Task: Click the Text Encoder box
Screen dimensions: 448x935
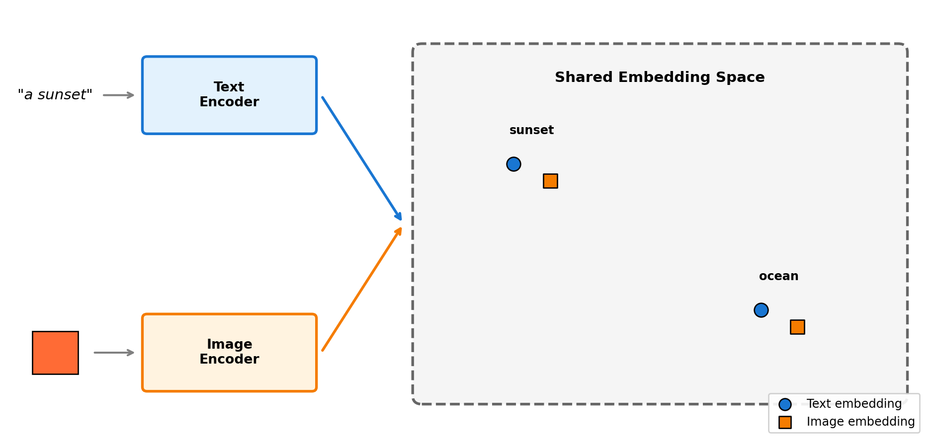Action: click(x=229, y=95)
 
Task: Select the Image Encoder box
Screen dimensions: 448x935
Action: click(x=229, y=352)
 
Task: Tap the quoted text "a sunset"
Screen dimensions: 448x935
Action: click(x=55, y=95)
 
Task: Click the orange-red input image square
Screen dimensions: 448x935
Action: click(x=55, y=353)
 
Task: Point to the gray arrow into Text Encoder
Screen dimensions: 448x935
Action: click(x=118, y=95)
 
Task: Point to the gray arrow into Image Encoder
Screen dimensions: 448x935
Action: click(x=114, y=353)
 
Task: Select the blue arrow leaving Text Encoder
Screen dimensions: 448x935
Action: click(x=361, y=158)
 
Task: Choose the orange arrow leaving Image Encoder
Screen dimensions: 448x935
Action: click(x=361, y=290)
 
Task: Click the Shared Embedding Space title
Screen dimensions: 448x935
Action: click(x=660, y=77)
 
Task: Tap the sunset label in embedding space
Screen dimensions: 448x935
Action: click(x=531, y=130)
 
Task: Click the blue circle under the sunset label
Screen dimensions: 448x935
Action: click(x=513, y=164)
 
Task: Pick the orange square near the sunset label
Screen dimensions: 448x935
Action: click(x=550, y=181)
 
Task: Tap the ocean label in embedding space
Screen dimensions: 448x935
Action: click(x=778, y=276)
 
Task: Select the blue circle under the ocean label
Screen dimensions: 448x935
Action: click(x=761, y=310)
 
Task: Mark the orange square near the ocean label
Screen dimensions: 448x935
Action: click(x=797, y=327)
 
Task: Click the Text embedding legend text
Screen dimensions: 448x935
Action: click(x=854, y=404)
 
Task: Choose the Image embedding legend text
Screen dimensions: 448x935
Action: click(x=860, y=422)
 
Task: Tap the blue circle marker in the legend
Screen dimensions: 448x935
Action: click(x=785, y=404)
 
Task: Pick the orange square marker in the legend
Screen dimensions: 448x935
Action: click(x=785, y=422)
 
